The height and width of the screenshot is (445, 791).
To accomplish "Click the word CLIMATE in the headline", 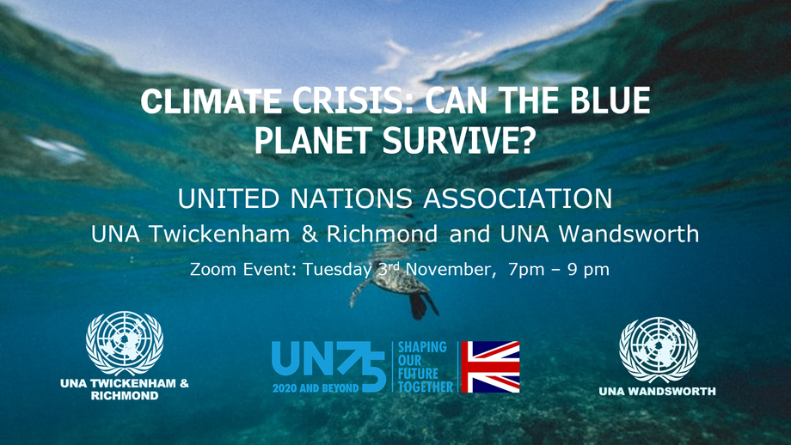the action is (x=211, y=101).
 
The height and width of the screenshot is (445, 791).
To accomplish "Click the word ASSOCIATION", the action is (x=518, y=198).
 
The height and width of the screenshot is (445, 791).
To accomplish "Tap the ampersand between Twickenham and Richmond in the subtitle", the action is (x=310, y=234).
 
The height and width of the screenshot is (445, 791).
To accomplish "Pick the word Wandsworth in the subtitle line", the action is (x=629, y=234).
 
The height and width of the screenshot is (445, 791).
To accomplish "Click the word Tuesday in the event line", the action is (x=338, y=269).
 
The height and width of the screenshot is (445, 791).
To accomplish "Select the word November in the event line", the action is (x=447, y=269).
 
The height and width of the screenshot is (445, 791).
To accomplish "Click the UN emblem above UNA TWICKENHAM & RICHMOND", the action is (x=125, y=343).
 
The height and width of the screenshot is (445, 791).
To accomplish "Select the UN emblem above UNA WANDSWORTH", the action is (x=659, y=350).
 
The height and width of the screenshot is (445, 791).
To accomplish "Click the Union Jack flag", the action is (x=490, y=367).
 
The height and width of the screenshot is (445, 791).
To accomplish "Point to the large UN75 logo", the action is (x=329, y=367).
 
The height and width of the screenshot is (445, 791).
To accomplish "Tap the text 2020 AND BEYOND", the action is (x=316, y=388).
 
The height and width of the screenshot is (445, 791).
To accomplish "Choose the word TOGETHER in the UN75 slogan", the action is (x=426, y=387).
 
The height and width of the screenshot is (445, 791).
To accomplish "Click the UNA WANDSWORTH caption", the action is (x=658, y=391).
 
